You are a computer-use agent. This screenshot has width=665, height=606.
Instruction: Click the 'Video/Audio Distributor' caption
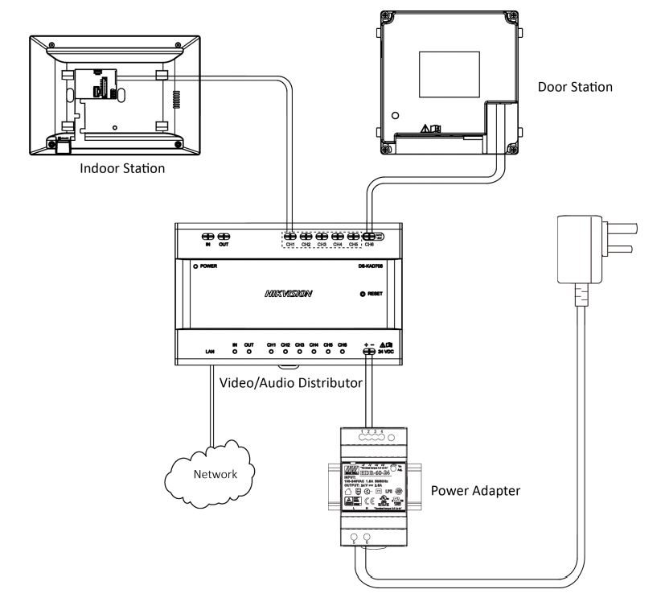(x=290, y=383)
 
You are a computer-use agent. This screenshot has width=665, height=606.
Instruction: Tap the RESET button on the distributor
(x=363, y=295)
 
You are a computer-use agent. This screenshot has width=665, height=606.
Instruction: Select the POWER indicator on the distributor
(x=195, y=266)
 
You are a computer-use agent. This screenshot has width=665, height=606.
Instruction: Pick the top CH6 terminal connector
(x=369, y=237)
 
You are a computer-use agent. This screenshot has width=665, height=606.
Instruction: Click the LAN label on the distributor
(x=211, y=352)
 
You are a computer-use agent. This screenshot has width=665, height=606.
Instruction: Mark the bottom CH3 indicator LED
(x=299, y=352)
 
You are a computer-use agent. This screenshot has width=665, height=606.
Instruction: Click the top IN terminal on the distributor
(x=208, y=237)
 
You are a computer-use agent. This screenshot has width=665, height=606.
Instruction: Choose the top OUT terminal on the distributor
(x=224, y=237)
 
